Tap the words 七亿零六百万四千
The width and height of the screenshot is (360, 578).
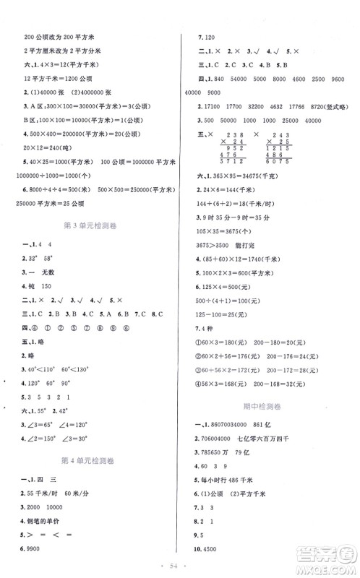pos(283,441)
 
